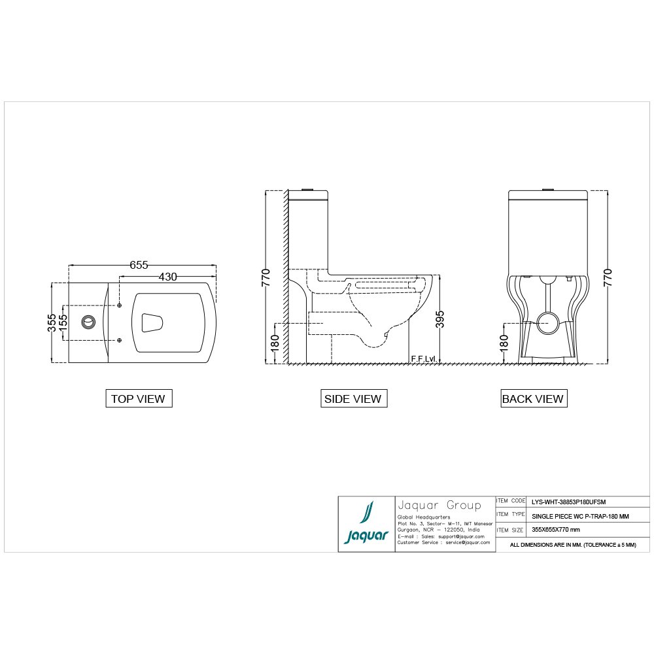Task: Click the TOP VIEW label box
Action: (x=139, y=398)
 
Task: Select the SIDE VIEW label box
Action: (x=354, y=398)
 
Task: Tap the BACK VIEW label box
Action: (x=534, y=398)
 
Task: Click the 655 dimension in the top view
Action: (x=139, y=265)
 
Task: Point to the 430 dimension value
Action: (x=167, y=277)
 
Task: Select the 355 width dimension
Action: (x=52, y=323)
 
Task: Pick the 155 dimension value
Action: (x=63, y=323)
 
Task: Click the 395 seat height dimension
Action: (x=439, y=319)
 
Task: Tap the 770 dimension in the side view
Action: (x=266, y=277)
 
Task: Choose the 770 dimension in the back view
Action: (x=608, y=277)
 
